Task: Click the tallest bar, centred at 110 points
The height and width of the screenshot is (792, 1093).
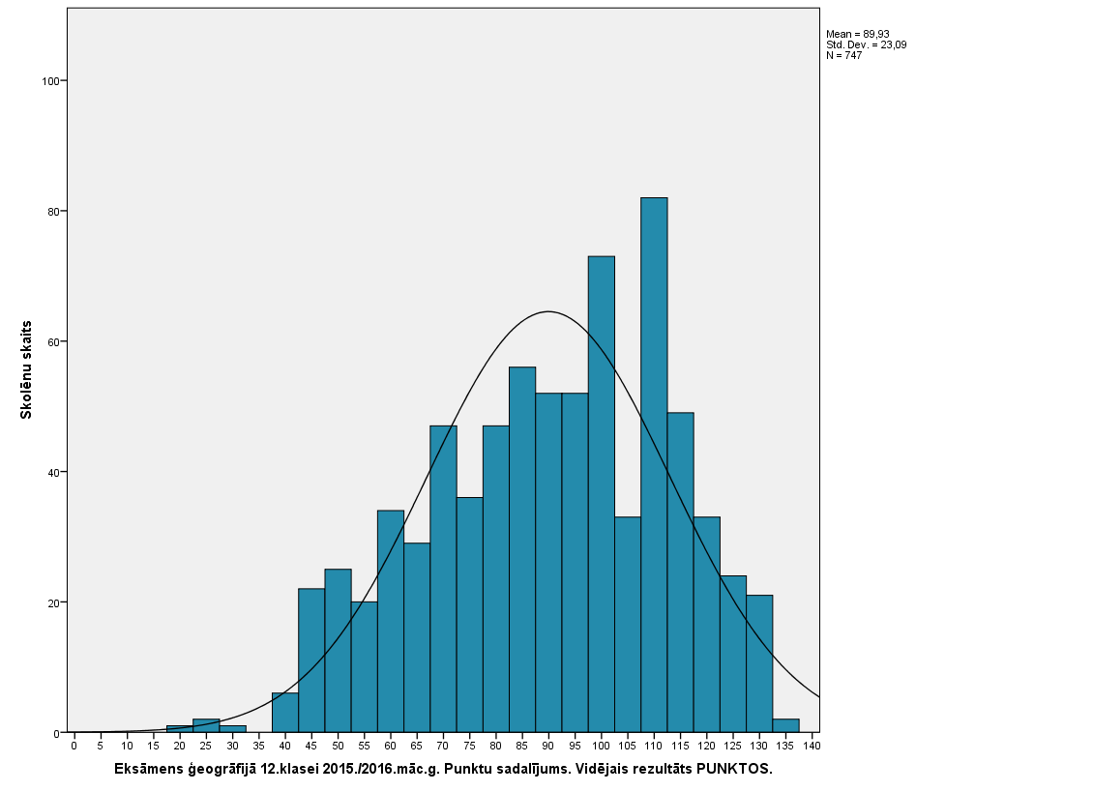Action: click(654, 464)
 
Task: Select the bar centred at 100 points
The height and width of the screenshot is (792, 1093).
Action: click(602, 493)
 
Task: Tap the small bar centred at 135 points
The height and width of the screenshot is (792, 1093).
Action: click(785, 726)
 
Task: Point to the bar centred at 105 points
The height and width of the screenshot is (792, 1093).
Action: click(628, 625)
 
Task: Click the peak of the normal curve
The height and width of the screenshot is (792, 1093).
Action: click(548, 311)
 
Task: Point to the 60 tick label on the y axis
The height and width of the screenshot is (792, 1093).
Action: click(50, 342)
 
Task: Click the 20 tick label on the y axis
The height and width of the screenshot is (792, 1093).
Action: click(50, 602)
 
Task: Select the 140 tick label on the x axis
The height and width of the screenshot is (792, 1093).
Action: click(812, 747)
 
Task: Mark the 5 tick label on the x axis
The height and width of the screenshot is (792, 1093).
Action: click(101, 747)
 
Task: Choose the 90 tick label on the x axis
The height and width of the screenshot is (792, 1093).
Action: click(548, 747)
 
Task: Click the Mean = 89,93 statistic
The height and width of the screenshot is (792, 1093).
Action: click(858, 34)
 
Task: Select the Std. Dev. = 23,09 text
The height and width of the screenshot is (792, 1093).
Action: click(866, 44)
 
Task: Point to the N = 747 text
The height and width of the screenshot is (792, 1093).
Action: click(843, 55)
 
